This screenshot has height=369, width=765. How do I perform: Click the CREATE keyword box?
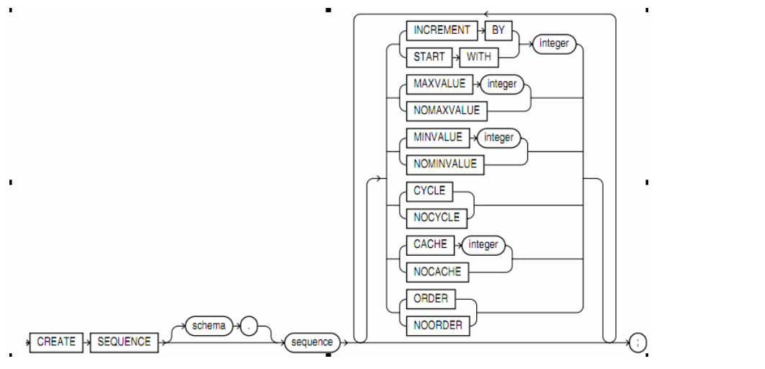pyautogui.click(x=56, y=342)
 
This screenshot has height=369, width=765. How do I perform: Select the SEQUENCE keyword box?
pyautogui.click(x=125, y=342)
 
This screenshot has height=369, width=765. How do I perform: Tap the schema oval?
pyautogui.click(x=209, y=326)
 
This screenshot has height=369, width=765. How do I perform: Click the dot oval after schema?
pyautogui.click(x=249, y=326)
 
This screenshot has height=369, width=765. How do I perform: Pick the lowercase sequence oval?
pyautogui.click(x=312, y=342)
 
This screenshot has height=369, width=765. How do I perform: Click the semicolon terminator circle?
pyautogui.click(x=637, y=342)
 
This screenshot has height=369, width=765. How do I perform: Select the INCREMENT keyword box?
pyautogui.click(x=442, y=30)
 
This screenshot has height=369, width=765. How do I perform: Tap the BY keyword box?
pyautogui.click(x=498, y=30)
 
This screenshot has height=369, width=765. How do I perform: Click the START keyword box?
pyautogui.click(x=429, y=57)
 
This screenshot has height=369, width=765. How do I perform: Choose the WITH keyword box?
pyautogui.click(x=478, y=57)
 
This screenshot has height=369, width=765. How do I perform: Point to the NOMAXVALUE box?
pyautogui.click(x=447, y=111)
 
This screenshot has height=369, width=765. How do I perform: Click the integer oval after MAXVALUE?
pyautogui.click(x=502, y=84)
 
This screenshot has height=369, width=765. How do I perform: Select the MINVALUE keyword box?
pyautogui.click(x=438, y=138)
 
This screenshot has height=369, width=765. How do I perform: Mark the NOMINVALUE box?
pyautogui.click(x=445, y=164)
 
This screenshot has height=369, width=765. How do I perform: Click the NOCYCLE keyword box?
pyautogui.click(x=437, y=218)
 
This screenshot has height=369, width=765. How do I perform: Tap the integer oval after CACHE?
pyautogui.click(x=483, y=244)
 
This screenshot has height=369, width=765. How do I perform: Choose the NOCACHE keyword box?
pyautogui.click(x=437, y=272)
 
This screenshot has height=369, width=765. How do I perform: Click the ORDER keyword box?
pyautogui.click(x=431, y=298)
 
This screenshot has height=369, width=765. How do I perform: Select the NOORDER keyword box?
pyautogui.click(x=438, y=325)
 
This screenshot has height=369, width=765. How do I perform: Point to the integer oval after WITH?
pyautogui.click(x=555, y=43)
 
